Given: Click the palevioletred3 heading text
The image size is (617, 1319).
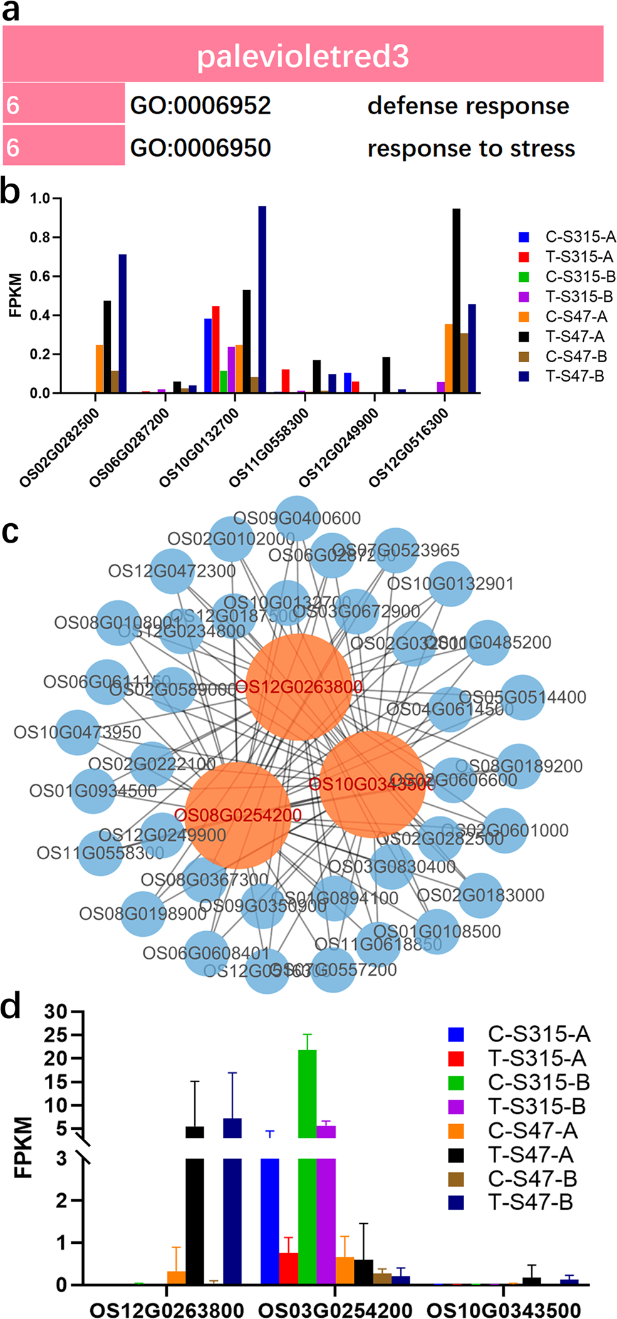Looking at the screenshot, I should (x=303, y=56).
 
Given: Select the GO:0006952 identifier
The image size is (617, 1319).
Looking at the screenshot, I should (x=200, y=105).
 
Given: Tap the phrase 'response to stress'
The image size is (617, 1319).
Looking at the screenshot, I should (x=471, y=149).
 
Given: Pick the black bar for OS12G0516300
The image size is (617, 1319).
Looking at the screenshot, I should (x=456, y=301).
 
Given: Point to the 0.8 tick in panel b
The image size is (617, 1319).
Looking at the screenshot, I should (x=41, y=237).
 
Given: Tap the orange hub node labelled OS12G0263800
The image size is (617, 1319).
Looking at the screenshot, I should (x=299, y=687).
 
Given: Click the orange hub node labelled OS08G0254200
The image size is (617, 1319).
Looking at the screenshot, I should (x=238, y=815).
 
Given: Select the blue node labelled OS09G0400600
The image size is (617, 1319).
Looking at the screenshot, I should (x=297, y=518).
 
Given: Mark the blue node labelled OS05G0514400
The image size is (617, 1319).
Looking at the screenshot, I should (x=522, y=697).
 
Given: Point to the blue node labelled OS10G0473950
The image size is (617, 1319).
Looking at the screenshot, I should (x=78, y=732).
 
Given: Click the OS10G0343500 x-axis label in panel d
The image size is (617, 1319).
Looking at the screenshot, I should (x=504, y=1309).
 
